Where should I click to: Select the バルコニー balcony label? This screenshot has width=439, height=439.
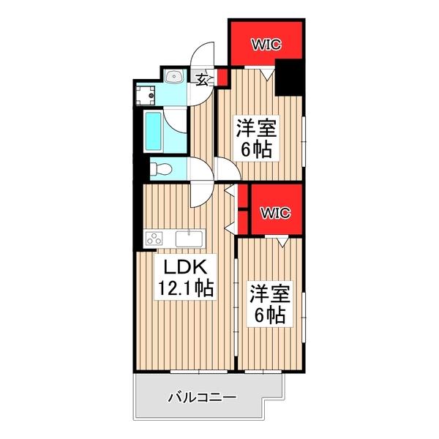pos(201,399)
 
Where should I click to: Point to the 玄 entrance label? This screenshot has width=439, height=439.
pos(199,78)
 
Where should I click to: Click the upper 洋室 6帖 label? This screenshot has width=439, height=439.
pos(255,140)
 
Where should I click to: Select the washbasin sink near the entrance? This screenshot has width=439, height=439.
pos(173,78)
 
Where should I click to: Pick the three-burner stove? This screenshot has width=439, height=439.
pos(155,238)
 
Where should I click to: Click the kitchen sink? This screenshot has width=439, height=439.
pos(189,238)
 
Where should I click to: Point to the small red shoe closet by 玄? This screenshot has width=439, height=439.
pos(220,75)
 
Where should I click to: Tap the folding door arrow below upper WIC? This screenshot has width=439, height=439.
pos(268,73)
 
